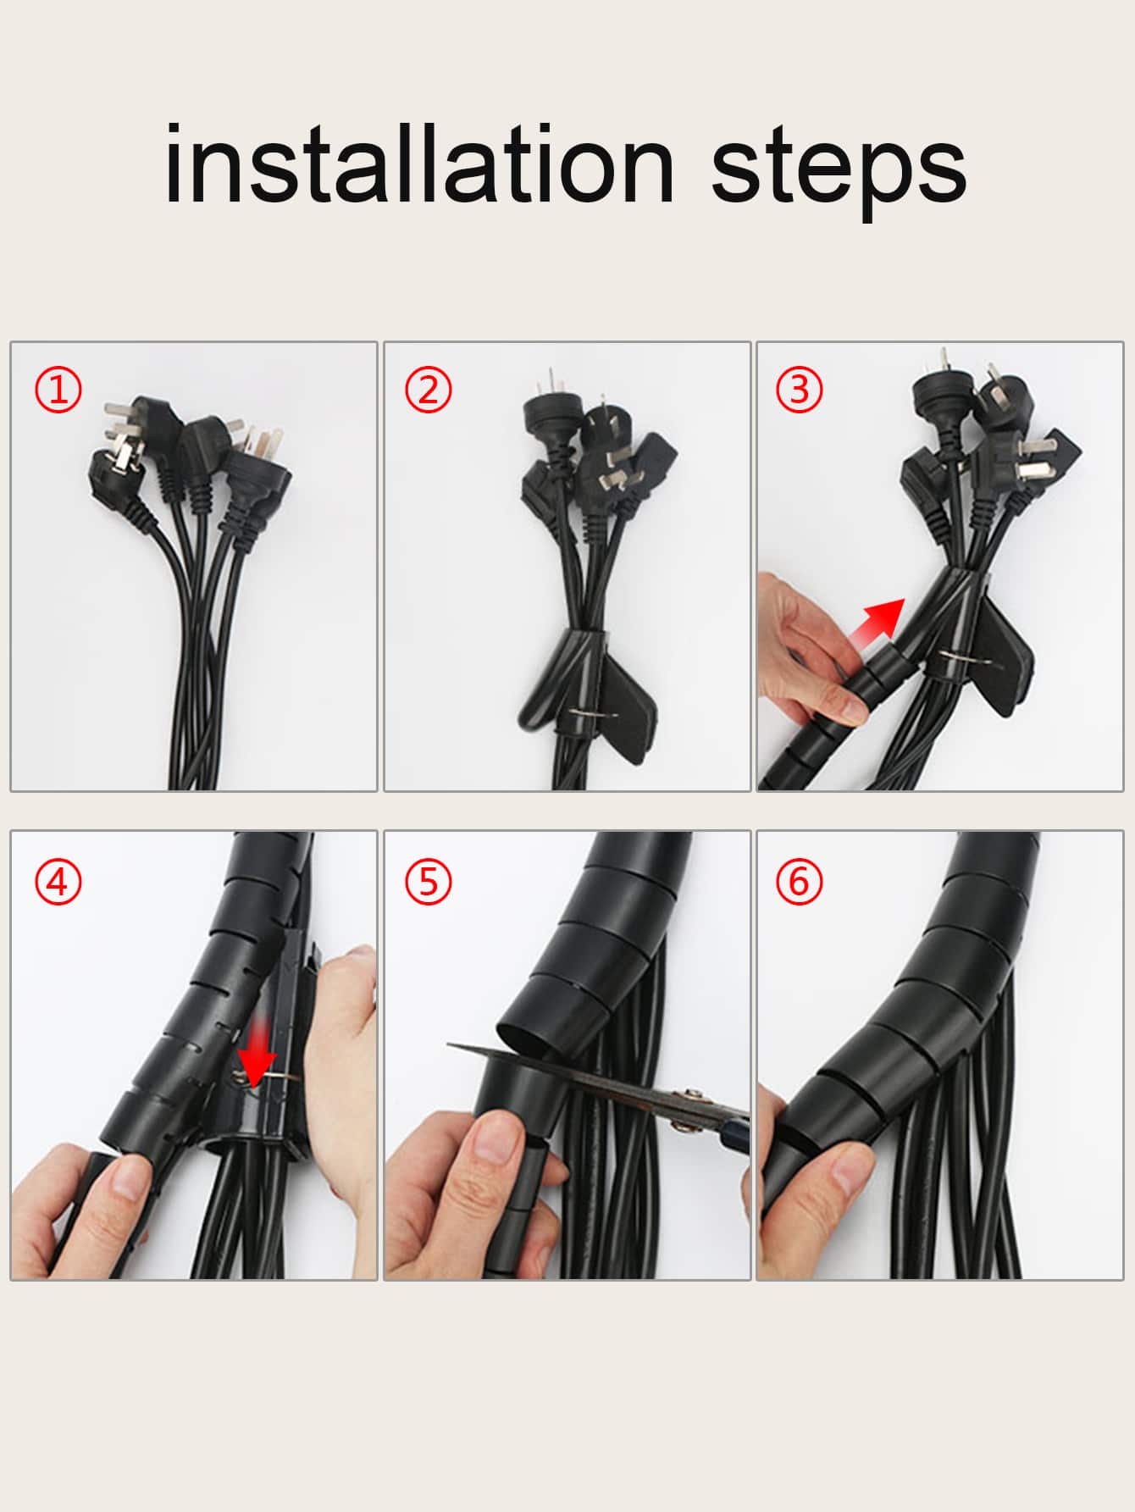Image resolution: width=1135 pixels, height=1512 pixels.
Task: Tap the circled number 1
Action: [x=58, y=390]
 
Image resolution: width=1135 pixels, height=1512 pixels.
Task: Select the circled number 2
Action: [x=429, y=390]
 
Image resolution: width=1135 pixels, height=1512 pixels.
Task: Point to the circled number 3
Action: [x=800, y=390]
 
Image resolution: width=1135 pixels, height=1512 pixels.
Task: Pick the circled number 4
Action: [x=58, y=882]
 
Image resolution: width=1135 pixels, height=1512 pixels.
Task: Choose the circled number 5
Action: [x=429, y=882]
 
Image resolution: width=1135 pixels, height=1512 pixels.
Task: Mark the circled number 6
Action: [x=800, y=882]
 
